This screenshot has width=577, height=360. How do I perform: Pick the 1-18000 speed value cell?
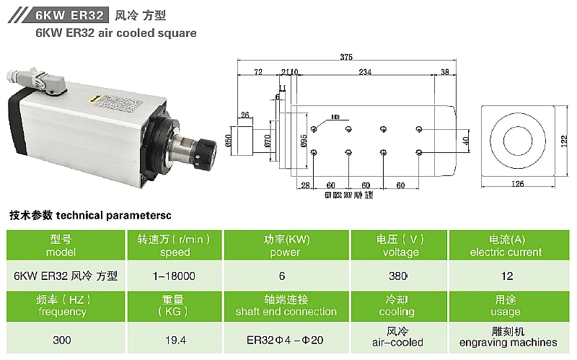(x=174, y=276)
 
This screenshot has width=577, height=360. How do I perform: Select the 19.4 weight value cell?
(x=174, y=338)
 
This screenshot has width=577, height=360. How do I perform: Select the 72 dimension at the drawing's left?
(x=257, y=71)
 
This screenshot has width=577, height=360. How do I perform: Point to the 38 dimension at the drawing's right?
(x=444, y=71)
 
